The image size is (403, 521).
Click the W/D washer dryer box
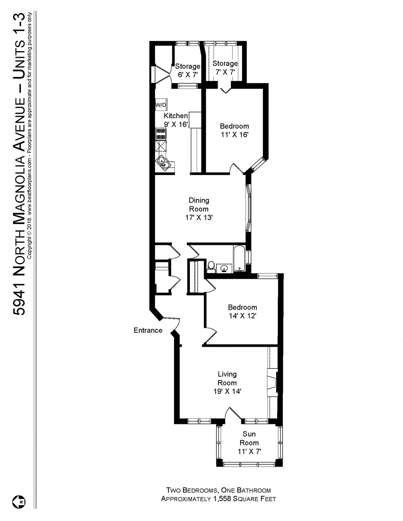161,105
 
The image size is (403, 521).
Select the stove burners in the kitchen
161,134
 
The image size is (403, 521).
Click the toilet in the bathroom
211,267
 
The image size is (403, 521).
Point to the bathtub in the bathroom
239,259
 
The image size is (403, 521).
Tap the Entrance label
148,330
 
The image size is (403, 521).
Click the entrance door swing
172,323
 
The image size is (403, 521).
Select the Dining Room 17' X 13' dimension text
199,217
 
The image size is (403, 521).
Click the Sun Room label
249,438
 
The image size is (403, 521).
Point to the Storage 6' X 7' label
187,70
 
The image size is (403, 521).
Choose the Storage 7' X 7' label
225,68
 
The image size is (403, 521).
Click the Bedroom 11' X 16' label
234,130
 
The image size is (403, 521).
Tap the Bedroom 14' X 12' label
242,311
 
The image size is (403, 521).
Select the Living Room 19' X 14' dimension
227,391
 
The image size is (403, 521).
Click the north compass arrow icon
18,501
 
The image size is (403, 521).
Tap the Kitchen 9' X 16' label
176,120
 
